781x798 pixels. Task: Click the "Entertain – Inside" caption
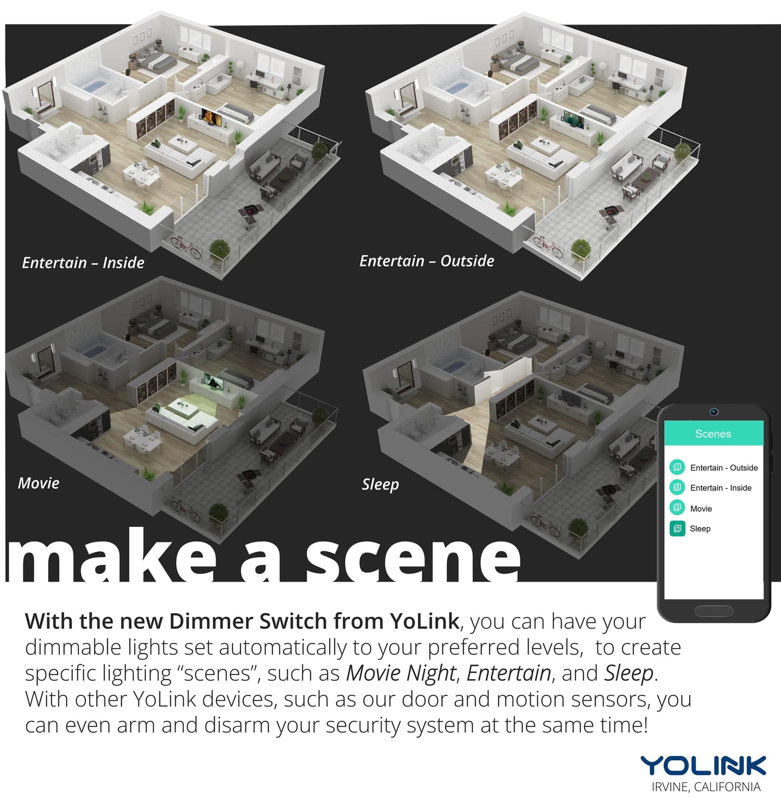83,263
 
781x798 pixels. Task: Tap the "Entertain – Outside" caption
427,261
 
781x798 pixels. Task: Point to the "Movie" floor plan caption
38,483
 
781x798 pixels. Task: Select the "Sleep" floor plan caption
381,484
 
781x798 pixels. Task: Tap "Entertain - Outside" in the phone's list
724,468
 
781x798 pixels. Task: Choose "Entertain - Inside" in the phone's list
720,488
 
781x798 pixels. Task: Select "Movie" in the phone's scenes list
701,509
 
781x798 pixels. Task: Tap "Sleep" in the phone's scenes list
700,529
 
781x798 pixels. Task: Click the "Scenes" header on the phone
713,434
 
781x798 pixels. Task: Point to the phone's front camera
714,412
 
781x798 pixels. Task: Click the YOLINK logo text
703,766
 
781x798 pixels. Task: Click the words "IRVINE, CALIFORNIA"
706,787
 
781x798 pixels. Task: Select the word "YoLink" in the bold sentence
424,621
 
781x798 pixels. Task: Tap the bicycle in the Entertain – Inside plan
186,246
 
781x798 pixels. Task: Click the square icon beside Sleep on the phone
677,529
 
